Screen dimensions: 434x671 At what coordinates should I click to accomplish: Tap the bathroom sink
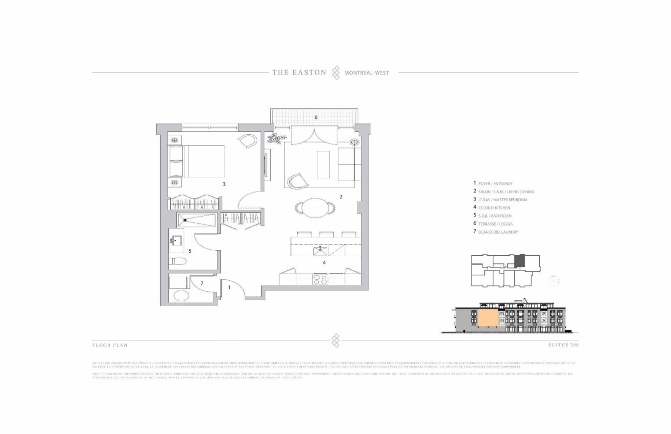point(177,241)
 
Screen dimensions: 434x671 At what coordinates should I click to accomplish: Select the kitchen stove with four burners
point(320,279)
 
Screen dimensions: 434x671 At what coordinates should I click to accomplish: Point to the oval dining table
point(315,208)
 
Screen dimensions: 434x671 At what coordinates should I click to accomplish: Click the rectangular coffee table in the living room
point(323,164)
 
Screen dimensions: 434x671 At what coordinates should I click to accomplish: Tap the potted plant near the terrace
point(275,138)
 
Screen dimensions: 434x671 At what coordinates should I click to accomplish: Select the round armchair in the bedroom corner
point(249,142)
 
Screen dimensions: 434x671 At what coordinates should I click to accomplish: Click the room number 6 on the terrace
point(316,118)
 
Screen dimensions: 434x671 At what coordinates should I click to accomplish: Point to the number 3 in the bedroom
point(224,184)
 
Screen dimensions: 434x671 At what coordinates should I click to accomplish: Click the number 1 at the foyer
point(229,288)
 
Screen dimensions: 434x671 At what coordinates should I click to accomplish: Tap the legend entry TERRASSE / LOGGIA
point(495,224)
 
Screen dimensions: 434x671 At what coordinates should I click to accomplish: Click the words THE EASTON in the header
point(299,72)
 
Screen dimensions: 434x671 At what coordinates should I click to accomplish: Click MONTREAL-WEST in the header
point(366,73)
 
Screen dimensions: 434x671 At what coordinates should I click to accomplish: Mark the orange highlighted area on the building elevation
point(487,318)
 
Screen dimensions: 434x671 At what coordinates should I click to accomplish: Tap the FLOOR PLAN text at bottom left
point(110,345)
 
